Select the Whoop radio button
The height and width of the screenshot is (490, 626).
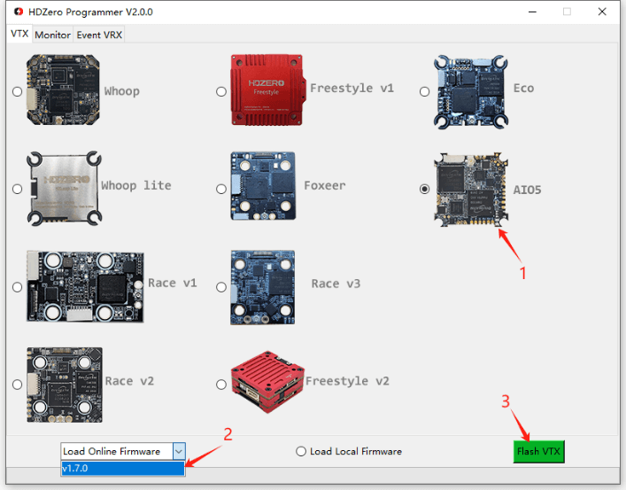point(18,91)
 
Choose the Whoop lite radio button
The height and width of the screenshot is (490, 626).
point(18,189)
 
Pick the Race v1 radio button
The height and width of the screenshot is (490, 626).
point(18,286)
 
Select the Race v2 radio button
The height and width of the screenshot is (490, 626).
point(18,384)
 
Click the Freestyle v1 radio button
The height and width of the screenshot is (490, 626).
point(221,91)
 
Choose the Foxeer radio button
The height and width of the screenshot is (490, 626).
point(221,189)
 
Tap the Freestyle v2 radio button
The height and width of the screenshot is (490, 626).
point(221,384)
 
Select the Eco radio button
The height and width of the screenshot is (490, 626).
point(425,91)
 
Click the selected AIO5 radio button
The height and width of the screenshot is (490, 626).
point(425,189)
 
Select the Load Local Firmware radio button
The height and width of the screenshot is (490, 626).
point(301,451)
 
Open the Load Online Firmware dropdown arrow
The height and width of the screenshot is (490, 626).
point(178,451)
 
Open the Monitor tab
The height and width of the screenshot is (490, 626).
point(52,35)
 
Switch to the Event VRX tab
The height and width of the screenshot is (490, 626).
point(99,35)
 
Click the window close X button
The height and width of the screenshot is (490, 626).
point(602,12)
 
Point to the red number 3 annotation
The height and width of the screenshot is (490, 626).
point(506,401)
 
